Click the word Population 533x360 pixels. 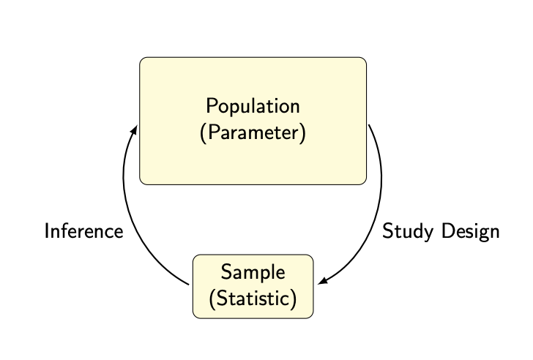[x=253, y=106]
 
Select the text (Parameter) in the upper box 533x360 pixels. [x=253, y=135]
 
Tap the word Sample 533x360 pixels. [x=253, y=272]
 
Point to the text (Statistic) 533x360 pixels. [x=253, y=299]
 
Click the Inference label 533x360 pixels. [x=83, y=231]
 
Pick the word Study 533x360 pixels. [x=405, y=231]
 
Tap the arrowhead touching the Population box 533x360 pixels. [x=135, y=129]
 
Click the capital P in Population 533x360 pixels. [x=212, y=106]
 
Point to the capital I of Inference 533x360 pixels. [x=47, y=231]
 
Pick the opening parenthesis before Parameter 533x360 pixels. [x=203, y=135]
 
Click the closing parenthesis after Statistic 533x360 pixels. [x=294, y=299]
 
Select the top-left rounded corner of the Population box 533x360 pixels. [x=143, y=60]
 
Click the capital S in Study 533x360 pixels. [x=388, y=231]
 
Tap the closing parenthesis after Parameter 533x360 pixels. [x=302, y=135]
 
